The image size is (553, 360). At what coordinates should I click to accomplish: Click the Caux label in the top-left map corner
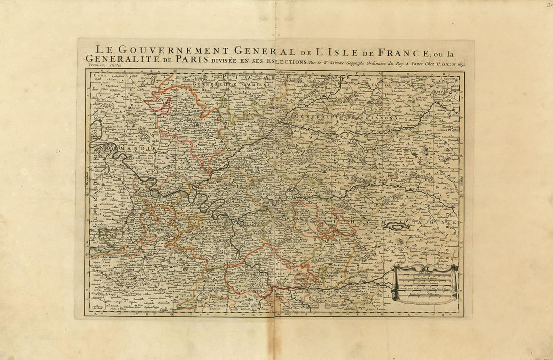coord(94,75)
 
